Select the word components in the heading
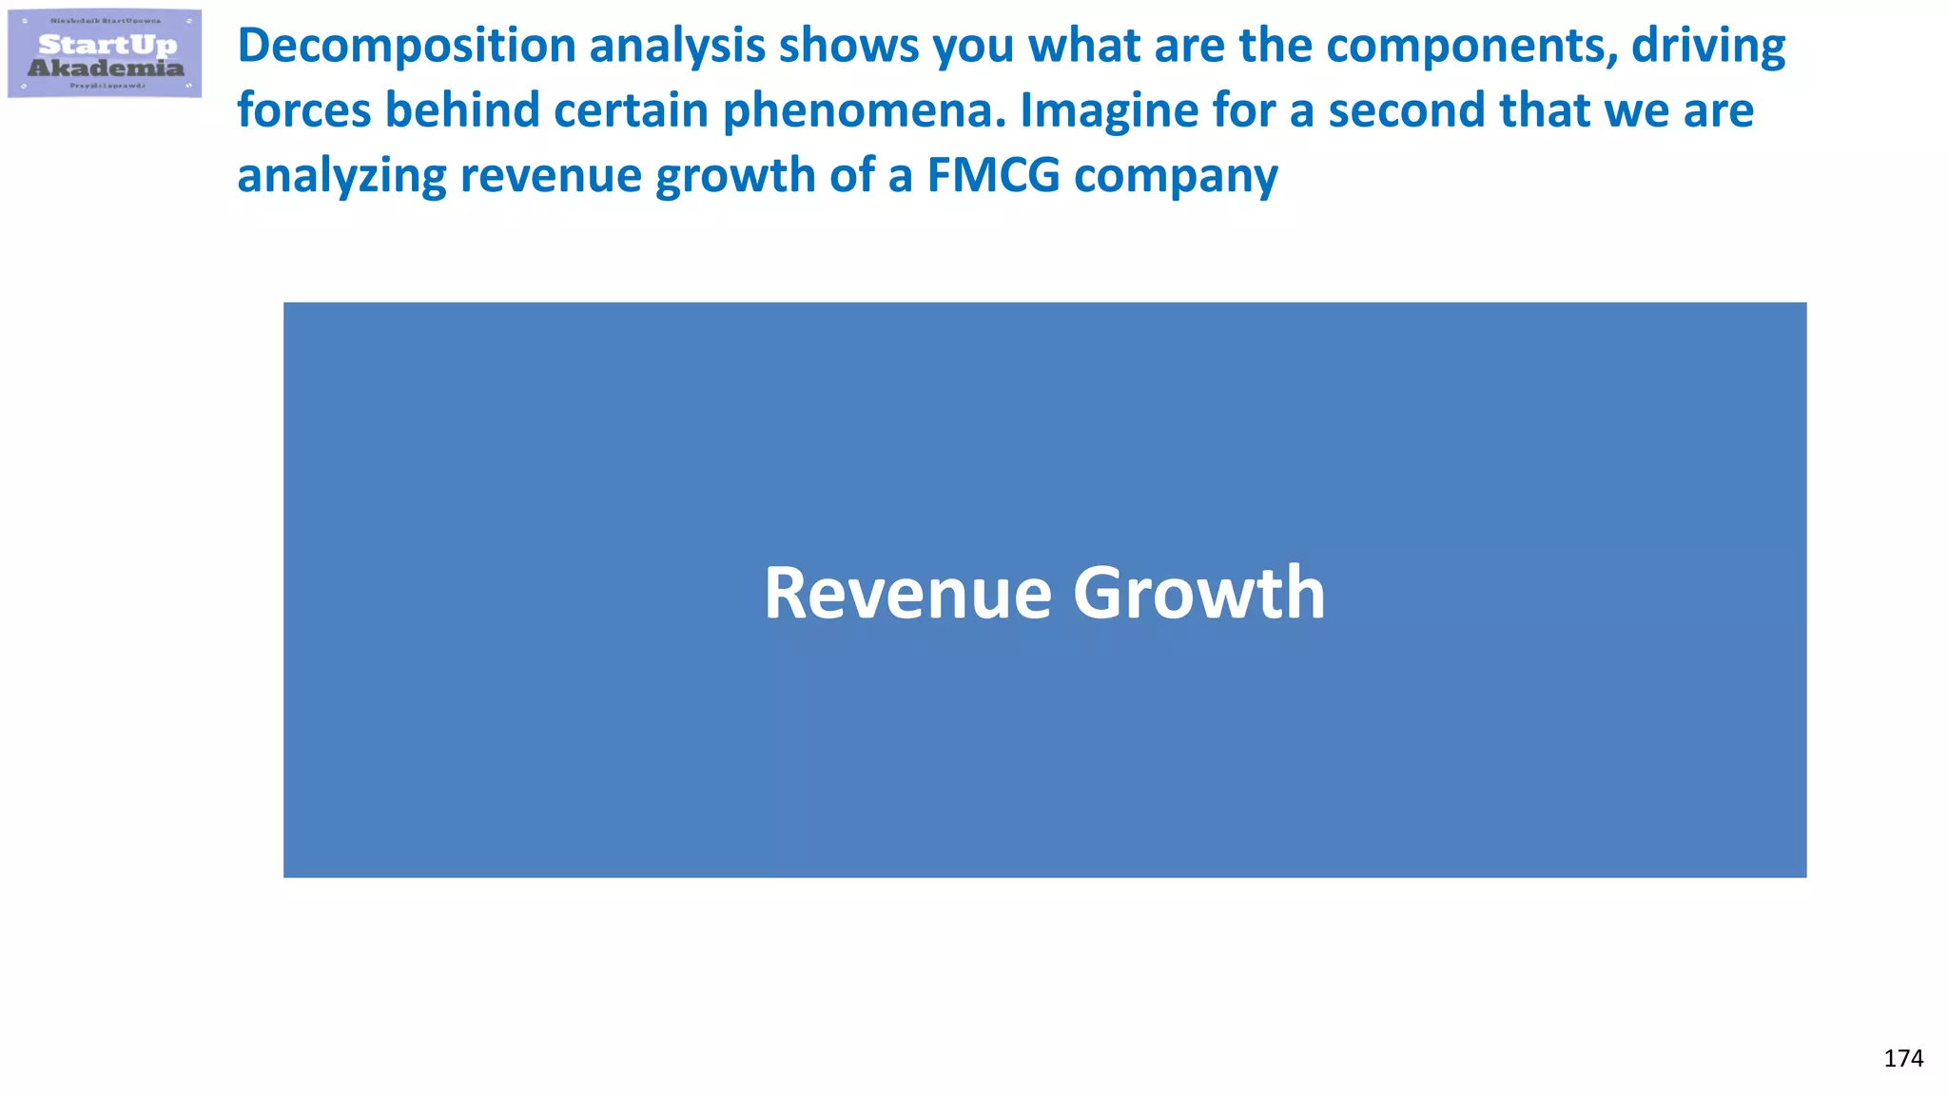[x=1472, y=47]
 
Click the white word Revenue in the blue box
[x=907, y=594]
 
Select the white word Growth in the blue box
[x=1199, y=594]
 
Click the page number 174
[x=1903, y=1059]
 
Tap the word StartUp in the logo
[x=107, y=45]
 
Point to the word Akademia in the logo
[x=106, y=68]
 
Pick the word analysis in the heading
[x=676, y=47]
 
